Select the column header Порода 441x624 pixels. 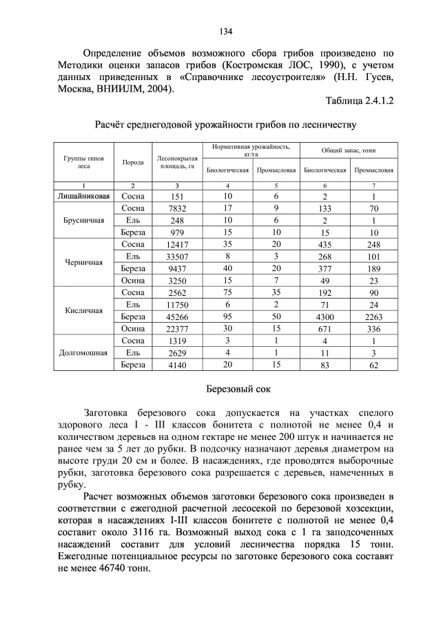tap(133, 162)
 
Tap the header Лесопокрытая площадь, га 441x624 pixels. tap(177, 162)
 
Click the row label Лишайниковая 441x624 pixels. tap(83, 197)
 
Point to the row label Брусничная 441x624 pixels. tap(83, 220)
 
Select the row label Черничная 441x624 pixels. tap(83, 262)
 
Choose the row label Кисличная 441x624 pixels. tap(83, 310)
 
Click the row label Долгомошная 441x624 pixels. tap(83, 352)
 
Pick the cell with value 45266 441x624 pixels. tap(177, 316)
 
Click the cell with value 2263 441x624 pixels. tap(373, 316)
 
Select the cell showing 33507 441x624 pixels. tap(177, 256)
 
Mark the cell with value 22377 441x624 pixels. tap(177, 329)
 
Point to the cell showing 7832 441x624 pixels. tap(177, 208)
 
